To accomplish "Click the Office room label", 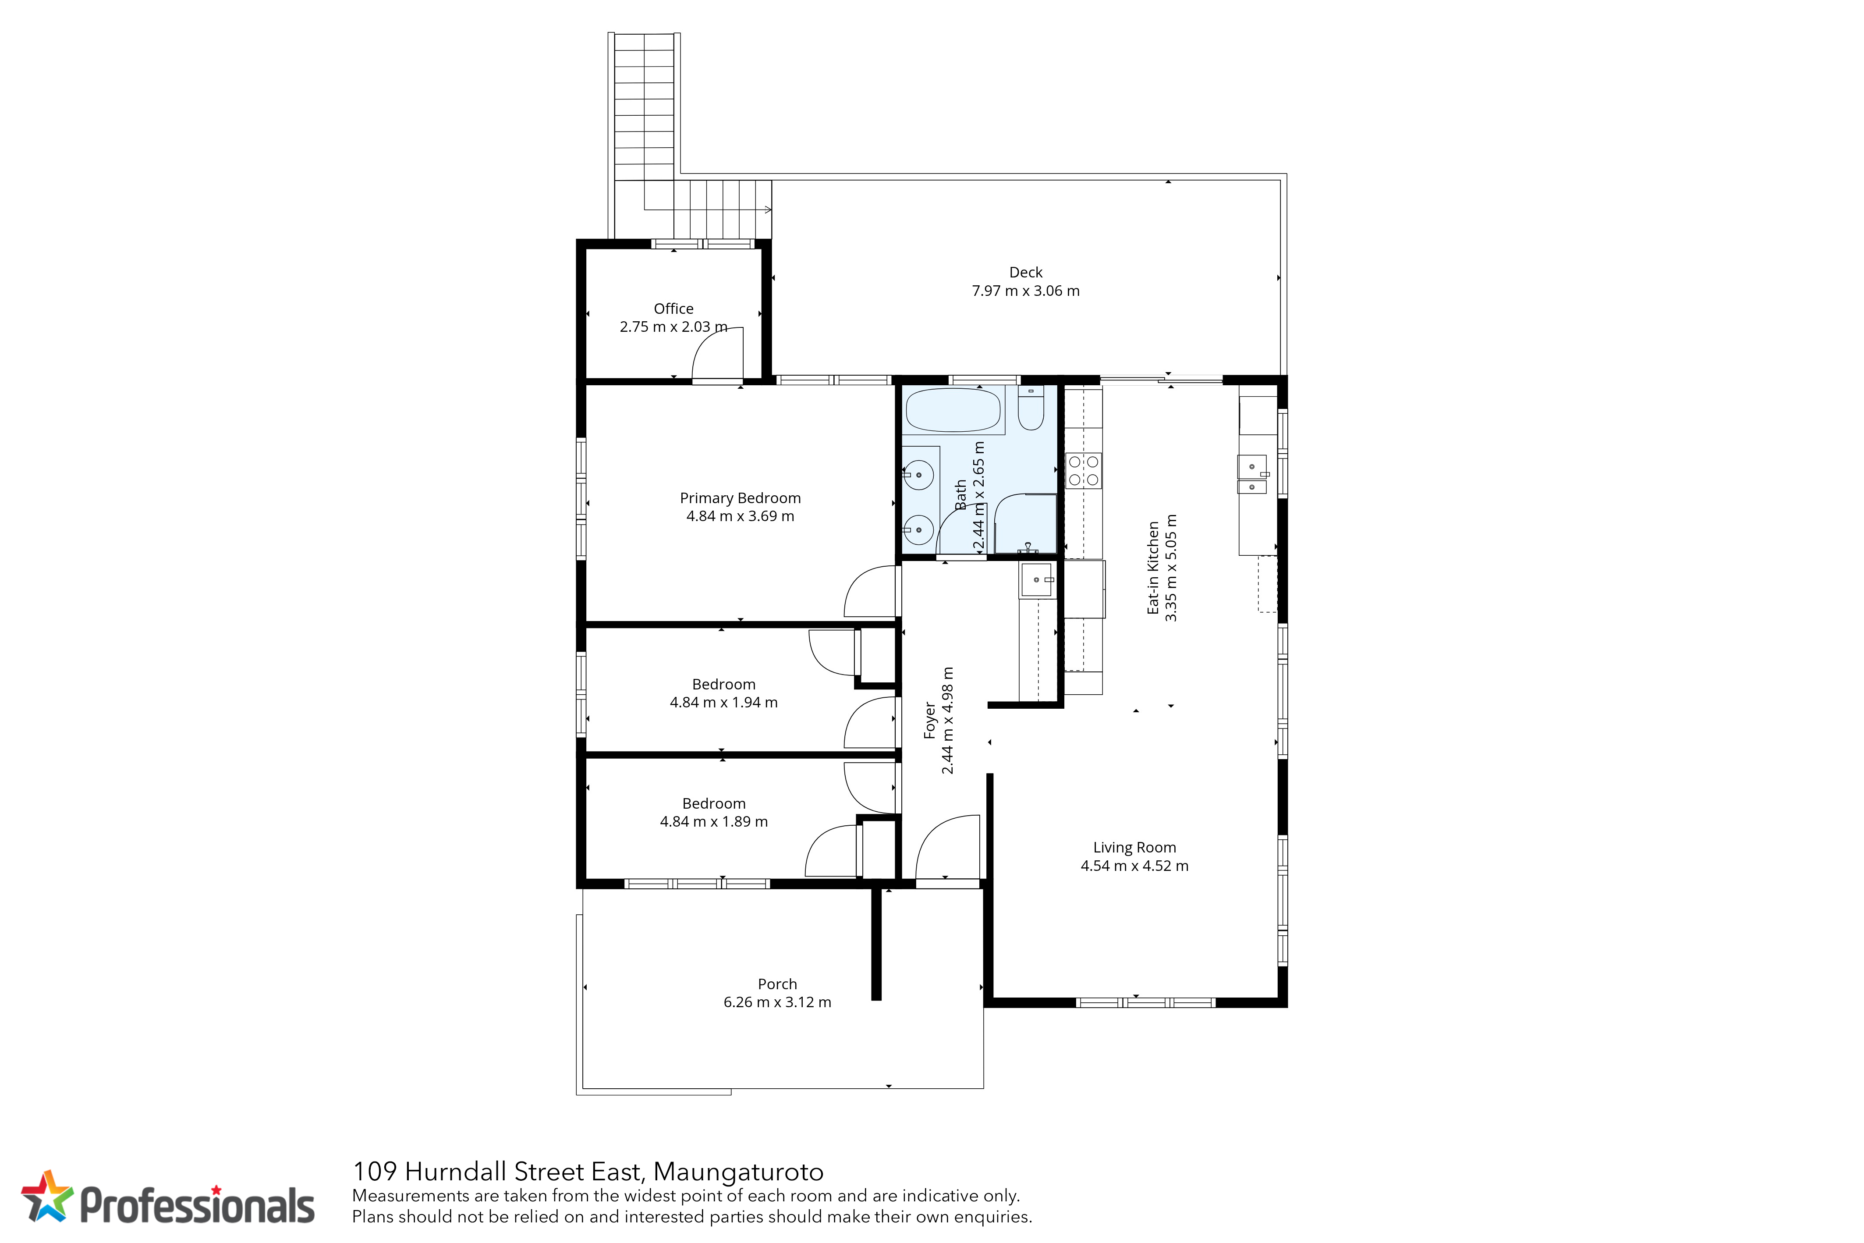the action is pyautogui.click(x=673, y=309).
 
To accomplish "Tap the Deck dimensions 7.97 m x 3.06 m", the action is pyautogui.click(x=1025, y=291).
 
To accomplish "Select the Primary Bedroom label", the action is pyautogui.click(x=740, y=498).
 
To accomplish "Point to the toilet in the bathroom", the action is pyautogui.click(x=1031, y=408).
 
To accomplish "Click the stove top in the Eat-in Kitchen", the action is pyautogui.click(x=1083, y=470).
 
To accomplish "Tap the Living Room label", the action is pyautogui.click(x=1134, y=847).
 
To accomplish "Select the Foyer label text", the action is pyautogui.click(x=930, y=720).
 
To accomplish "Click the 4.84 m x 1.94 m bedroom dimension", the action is pyautogui.click(x=723, y=702).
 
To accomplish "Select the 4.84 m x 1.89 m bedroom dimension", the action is pyautogui.click(x=713, y=821).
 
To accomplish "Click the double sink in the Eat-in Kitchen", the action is pyautogui.click(x=1252, y=474).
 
